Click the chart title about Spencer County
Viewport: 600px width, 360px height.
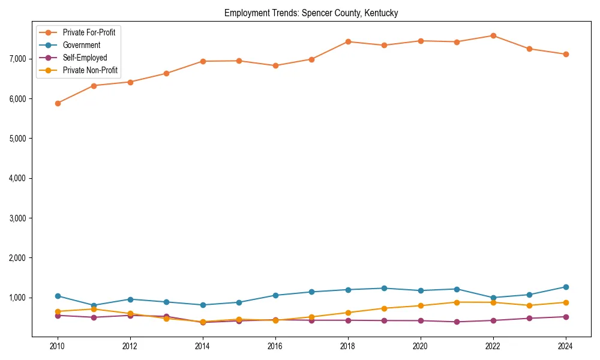tap(311, 13)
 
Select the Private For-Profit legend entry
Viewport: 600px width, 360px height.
tap(89, 32)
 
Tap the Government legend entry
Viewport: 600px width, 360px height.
tap(81, 45)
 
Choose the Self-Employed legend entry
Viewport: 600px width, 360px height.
tap(85, 58)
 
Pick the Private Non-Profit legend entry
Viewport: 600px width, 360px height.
tap(90, 71)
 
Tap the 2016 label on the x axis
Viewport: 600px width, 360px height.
tap(275, 346)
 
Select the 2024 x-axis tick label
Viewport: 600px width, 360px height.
tap(565, 346)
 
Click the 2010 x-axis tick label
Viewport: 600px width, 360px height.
tap(58, 346)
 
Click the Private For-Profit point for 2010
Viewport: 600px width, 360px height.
tap(58, 103)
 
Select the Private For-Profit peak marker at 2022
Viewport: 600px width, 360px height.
tap(493, 35)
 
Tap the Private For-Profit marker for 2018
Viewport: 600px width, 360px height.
tap(348, 41)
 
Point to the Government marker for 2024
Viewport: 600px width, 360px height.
tap(565, 287)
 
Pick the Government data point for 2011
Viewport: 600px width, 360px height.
tap(94, 305)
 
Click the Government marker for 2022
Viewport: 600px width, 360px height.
tap(493, 298)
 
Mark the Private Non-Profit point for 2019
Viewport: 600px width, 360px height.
tap(384, 308)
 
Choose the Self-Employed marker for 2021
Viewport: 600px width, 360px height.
tap(457, 322)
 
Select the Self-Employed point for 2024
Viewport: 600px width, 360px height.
tap(565, 317)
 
